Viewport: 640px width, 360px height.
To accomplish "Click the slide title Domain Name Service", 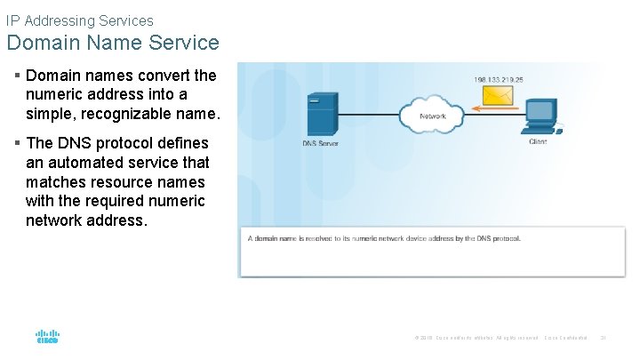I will [113, 42].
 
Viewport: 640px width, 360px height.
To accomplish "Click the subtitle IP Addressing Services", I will [79, 20].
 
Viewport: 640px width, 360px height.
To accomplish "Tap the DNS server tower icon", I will [319, 114].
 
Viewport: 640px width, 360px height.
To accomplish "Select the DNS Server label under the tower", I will [320, 143].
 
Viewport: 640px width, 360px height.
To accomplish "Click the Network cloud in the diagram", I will [432, 114].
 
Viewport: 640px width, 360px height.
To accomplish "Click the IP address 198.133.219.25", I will [499, 78].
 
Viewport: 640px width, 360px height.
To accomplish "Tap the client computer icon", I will [539, 116].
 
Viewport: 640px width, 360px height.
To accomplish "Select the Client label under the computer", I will [538, 141].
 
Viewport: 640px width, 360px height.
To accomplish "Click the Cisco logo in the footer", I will [47, 337].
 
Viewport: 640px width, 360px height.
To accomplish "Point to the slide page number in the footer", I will [603, 338].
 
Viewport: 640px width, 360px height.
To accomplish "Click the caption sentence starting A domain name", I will [384, 238].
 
